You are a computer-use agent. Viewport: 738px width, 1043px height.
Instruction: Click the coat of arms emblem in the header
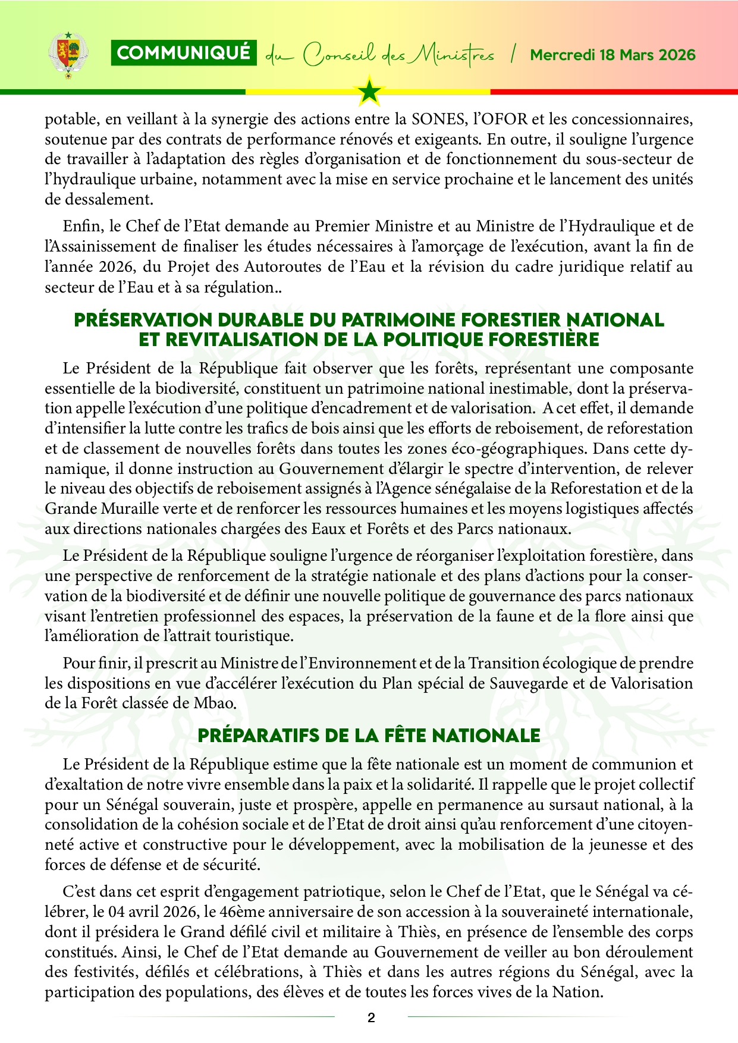[x=67, y=54]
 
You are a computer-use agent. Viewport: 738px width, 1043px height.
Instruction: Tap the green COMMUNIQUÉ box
[x=184, y=53]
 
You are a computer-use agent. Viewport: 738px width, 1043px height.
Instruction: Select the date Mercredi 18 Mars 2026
[x=613, y=55]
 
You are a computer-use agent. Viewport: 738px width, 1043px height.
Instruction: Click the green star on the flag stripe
[x=370, y=91]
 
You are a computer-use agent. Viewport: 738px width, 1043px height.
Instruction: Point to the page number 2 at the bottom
[x=371, y=1017]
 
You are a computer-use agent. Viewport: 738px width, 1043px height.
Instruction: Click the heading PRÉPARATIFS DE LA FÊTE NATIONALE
[x=369, y=736]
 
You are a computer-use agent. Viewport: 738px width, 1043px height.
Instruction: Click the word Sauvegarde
[x=529, y=683]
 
